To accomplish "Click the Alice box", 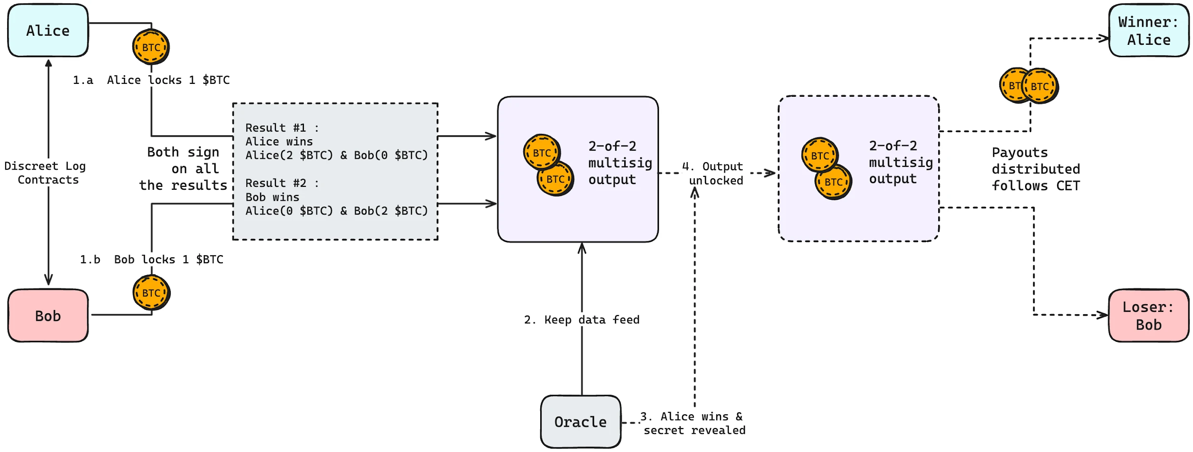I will point(48,31).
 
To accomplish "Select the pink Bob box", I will point(48,316).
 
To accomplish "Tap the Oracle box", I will point(580,422).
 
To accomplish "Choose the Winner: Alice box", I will point(1148,31).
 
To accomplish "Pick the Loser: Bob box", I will point(1148,316).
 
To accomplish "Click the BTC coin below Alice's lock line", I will point(151,47).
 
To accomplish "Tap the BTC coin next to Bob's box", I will point(151,293).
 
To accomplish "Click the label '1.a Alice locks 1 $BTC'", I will point(151,80).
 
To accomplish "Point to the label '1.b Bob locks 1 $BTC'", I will point(151,259).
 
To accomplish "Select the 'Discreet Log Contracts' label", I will point(46,173).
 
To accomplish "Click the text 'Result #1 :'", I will point(282,128).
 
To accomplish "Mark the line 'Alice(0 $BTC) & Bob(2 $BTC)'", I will point(336,211).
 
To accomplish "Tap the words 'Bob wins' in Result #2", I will point(272,197).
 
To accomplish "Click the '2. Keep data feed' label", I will point(582,319).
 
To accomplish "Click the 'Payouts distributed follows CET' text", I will point(1036,169).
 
